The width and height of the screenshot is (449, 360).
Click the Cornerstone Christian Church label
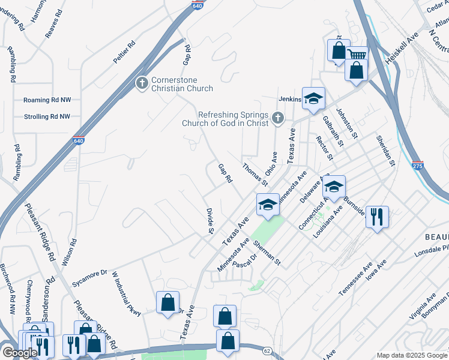[181, 84]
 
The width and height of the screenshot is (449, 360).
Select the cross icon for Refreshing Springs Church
[277, 118]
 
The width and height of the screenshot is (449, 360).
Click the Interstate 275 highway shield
[418, 164]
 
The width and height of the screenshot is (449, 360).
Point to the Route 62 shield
[267, 350]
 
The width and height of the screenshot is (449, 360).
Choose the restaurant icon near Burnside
[377, 217]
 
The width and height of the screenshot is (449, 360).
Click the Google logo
[20, 353]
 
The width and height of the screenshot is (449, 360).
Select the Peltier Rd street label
[125, 52]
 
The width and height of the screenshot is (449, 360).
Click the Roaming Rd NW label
[47, 100]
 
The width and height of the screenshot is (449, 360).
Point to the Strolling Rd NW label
[47, 117]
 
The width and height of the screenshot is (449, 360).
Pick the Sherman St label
[267, 253]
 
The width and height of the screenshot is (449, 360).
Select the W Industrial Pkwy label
[126, 293]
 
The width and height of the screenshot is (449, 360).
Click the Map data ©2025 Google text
[412, 355]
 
